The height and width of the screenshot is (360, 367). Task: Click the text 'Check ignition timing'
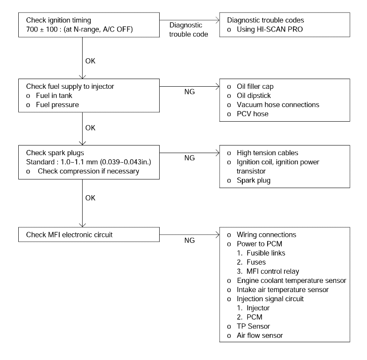click(58, 20)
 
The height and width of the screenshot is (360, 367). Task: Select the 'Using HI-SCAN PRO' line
click(270, 29)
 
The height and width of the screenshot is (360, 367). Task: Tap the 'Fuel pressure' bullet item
click(57, 104)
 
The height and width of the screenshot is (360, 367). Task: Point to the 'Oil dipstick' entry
click(254, 95)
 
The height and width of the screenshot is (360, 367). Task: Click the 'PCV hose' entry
click(252, 114)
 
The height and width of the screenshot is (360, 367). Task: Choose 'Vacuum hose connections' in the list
click(278, 104)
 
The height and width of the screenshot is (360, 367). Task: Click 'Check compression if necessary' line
click(89, 171)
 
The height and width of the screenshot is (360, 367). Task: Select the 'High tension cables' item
click(267, 153)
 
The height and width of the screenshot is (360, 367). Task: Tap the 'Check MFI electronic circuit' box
click(89, 235)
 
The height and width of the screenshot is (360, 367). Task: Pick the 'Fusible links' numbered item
click(266, 253)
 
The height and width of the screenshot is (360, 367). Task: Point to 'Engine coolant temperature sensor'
click(291, 280)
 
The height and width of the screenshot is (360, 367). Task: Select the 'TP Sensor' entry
click(253, 326)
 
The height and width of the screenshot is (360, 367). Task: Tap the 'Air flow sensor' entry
click(260, 335)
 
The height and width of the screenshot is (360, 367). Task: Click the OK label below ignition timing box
click(90, 61)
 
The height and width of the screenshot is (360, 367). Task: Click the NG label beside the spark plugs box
click(190, 158)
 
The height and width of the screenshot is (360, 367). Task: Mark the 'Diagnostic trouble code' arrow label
click(189, 29)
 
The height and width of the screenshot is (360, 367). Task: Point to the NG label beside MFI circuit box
click(190, 240)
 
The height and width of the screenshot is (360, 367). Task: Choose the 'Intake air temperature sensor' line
click(282, 290)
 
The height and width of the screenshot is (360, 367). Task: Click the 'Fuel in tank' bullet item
click(54, 95)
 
